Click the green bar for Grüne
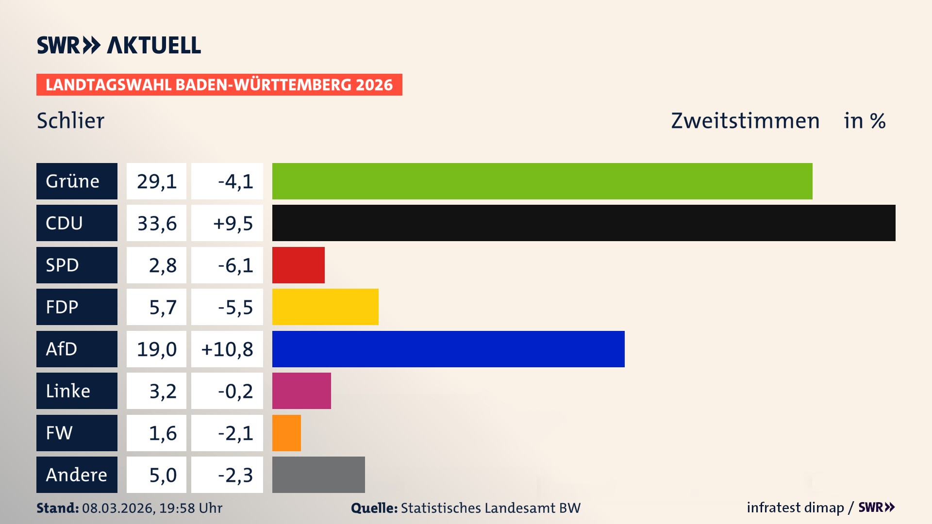click(542, 181)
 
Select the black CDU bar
click(583, 223)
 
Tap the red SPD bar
click(298, 265)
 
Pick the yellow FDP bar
click(325, 307)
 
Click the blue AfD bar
click(448, 349)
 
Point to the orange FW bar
click(286, 433)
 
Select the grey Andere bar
click(318, 475)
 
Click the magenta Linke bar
click(301, 391)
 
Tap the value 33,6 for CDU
click(157, 223)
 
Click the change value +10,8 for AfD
click(227, 349)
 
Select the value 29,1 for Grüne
click(157, 181)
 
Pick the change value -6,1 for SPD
click(235, 265)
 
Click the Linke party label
click(68, 391)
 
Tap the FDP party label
click(62, 307)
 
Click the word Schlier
click(71, 120)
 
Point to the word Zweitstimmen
click(745, 120)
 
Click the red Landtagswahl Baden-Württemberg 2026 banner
click(219, 84)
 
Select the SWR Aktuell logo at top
click(118, 45)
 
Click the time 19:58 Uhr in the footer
click(191, 508)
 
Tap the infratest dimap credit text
click(795, 508)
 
